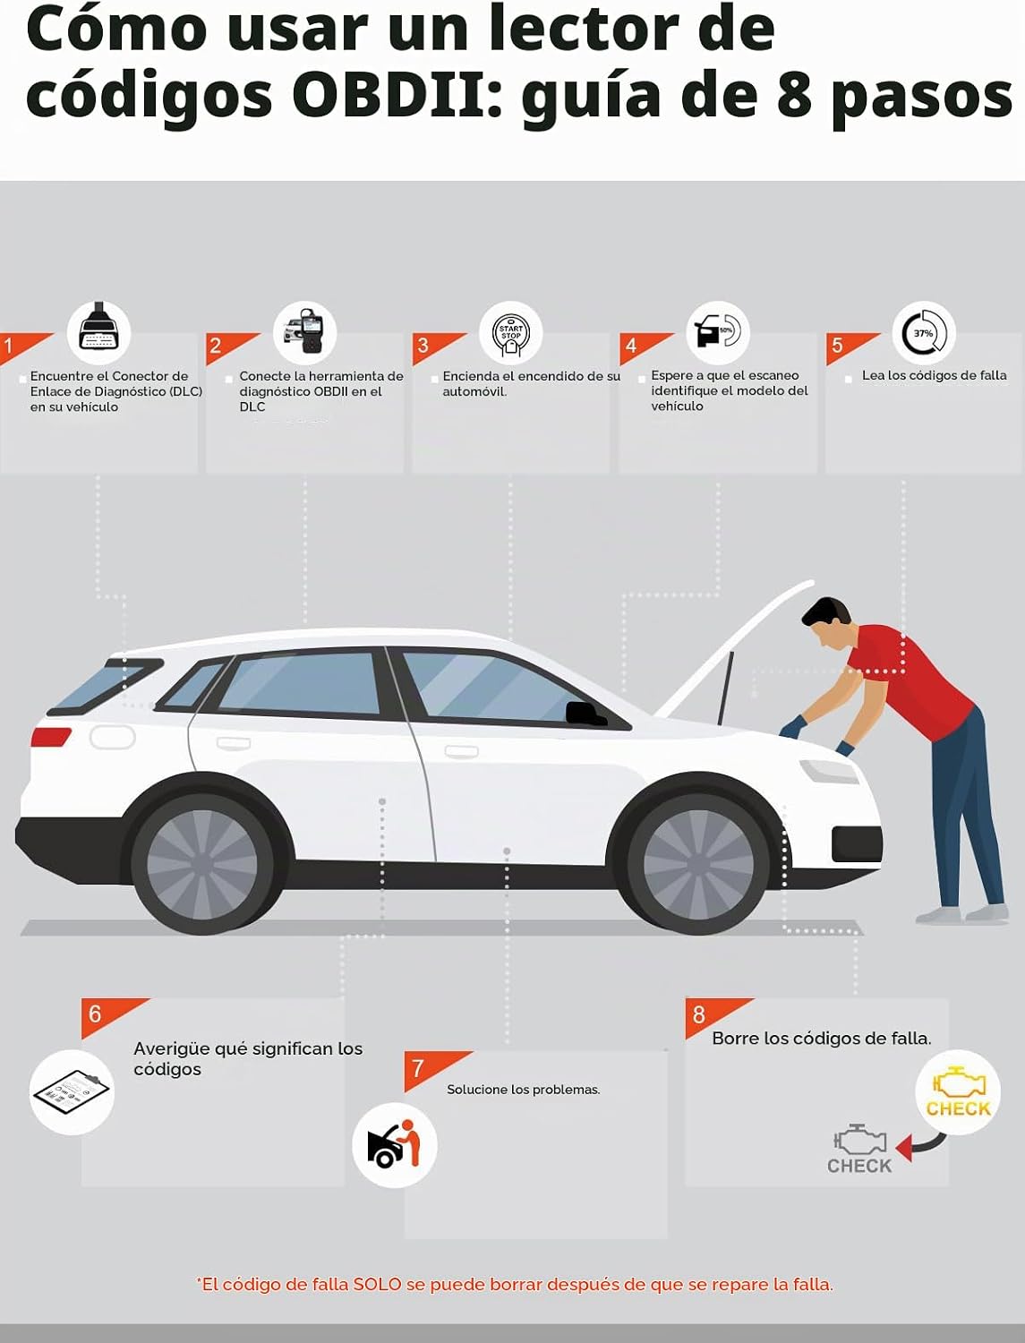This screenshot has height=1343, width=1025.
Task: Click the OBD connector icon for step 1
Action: coord(98,331)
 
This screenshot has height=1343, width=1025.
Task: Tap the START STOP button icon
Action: coord(510,334)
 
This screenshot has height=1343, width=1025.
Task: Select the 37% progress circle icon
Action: coord(924,333)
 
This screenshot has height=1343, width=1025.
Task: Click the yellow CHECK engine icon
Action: coord(958,1092)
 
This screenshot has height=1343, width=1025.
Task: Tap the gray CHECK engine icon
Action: coord(860,1149)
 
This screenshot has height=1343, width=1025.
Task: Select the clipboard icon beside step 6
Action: coord(72,1093)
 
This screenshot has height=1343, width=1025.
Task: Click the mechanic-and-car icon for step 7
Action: coord(395,1145)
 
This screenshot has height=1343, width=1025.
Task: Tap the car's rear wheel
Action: coord(202,863)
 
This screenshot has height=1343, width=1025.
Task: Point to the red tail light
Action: coord(50,737)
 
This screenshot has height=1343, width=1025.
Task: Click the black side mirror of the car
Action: coord(585,714)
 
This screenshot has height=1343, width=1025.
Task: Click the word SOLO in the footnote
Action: coord(378,1284)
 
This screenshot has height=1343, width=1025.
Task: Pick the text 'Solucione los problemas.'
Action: coord(524,1089)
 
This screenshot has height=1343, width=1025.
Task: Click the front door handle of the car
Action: coord(461,750)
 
